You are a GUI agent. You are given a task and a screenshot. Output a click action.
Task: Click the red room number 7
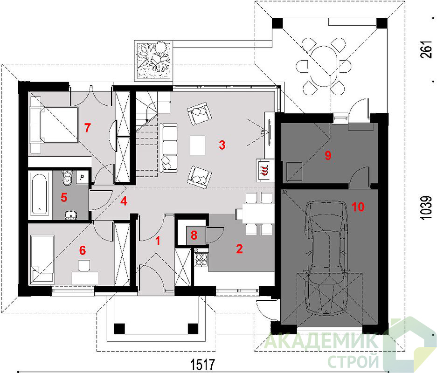tap(88, 128)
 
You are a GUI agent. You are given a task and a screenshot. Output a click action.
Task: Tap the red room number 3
tap(222, 145)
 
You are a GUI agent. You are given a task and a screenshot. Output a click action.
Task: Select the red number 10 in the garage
tap(358, 207)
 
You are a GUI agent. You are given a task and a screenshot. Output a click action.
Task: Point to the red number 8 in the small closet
tap(194, 235)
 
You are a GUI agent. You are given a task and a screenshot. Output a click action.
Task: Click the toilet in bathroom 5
tap(67, 178)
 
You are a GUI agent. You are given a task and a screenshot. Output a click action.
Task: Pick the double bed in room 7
tap(55, 125)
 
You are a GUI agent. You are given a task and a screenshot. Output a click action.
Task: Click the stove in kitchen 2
tap(201, 259)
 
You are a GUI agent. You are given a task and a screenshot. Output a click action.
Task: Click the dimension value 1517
tap(202, 364)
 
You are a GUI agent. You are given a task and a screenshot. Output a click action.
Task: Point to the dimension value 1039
tap(426, 208)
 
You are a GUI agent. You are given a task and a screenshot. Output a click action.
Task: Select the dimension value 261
tap(426, 49)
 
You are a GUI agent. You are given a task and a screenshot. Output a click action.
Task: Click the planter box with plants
tap(154, 61)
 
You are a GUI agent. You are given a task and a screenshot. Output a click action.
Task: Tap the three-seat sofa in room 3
tap(169, 147)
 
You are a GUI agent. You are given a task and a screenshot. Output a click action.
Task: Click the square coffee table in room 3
tap(198, 145)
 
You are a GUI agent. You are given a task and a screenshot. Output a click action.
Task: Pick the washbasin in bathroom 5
tap(70, 215)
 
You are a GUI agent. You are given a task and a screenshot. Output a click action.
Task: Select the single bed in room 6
tap(43, 258)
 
